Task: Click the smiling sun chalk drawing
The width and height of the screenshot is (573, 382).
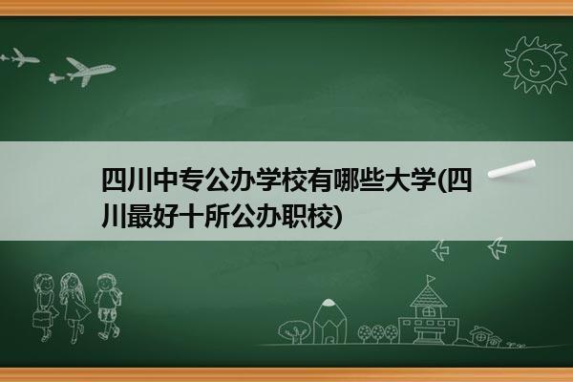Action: pyautogui.click(x=536, y=65)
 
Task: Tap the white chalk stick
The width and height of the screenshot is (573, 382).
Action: pyautogui.click(x=512, y=169)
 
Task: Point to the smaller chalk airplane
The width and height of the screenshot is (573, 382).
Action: pyautogui.click(x=20, y=57)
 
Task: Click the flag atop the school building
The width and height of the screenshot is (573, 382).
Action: pyautogui.click(x=431, y=280)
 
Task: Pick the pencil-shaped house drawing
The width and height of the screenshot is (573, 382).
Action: pyautogui.click(x=329, y=322)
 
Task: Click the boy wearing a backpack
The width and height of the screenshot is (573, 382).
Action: pyautogui.click(x=108, y=307)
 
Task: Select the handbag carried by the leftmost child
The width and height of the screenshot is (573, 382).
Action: pyautogui.click(x=41, y=319)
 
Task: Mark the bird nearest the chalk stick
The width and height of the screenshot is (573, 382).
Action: pyautogui.click(x=498, y=248)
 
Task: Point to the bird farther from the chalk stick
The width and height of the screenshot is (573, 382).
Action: pyautogui.click(x=440, y=250)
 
